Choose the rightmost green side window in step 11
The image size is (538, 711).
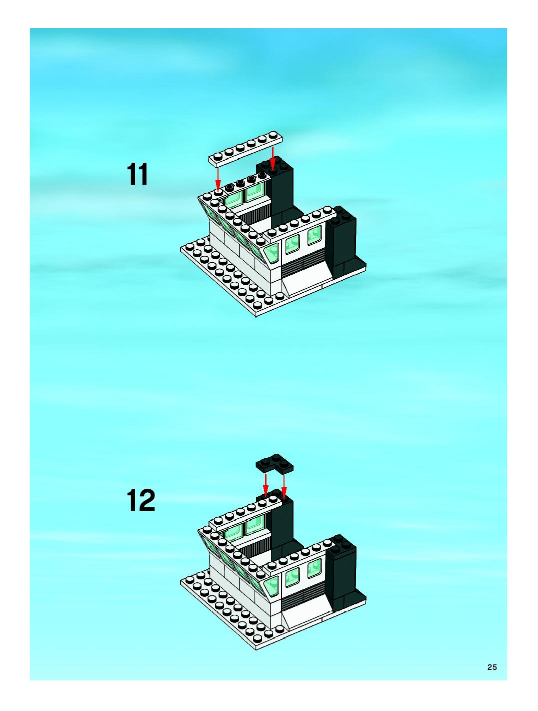(315, 235)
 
